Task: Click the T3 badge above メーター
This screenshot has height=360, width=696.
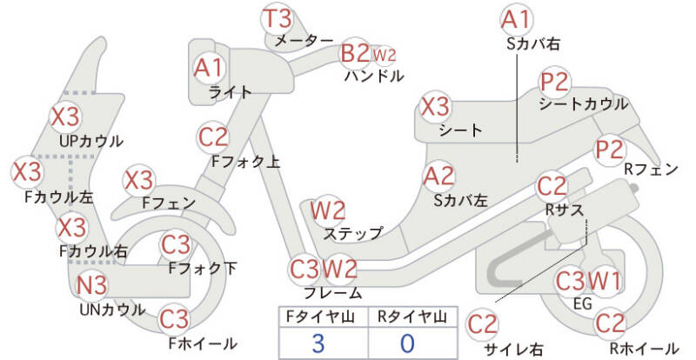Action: click(278, 19)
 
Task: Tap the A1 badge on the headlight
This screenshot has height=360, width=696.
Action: click(209, 67)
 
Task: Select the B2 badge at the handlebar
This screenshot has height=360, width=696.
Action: click(355, 54)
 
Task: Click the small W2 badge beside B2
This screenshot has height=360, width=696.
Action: click(384, 55)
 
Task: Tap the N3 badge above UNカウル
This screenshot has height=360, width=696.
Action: click(91, 285)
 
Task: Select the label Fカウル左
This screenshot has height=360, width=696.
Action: click(58, 197)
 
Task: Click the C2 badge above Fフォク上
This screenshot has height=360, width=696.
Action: click(214, 137)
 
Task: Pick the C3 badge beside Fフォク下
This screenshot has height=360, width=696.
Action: click(176, 244)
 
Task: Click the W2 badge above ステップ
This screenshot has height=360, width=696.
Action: click(328, 210)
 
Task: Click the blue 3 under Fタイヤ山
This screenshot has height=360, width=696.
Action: click(318, 343)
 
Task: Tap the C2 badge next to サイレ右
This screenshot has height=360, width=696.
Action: click(483, 324)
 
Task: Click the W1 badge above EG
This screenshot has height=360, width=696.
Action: click(606, 281)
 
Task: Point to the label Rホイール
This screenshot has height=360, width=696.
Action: click(644, 348)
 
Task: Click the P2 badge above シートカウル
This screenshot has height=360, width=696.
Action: click(554, 83)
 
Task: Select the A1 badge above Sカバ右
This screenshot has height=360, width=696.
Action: click(517, 18)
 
